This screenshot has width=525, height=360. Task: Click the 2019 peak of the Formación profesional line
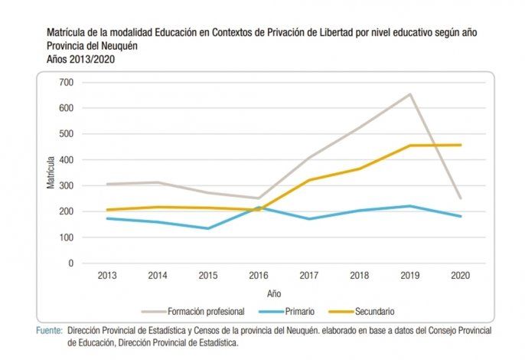[x=410, y=94]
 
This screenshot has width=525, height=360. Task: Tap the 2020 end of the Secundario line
[x=461, y=145]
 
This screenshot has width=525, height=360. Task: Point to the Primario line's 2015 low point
[x=209, y=228]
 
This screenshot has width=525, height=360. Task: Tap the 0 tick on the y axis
[x=70, y=263]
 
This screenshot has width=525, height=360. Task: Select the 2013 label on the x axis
[x=109, y=275]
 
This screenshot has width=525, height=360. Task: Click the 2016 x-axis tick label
[x=259, y=275]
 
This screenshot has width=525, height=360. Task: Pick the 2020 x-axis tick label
[x=461, y=275]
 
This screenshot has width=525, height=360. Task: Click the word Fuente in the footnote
[x=50, y=330]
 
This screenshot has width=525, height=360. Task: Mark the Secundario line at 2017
[x=310, y=180]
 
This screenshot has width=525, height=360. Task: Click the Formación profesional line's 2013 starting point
[x=109, y=184]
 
